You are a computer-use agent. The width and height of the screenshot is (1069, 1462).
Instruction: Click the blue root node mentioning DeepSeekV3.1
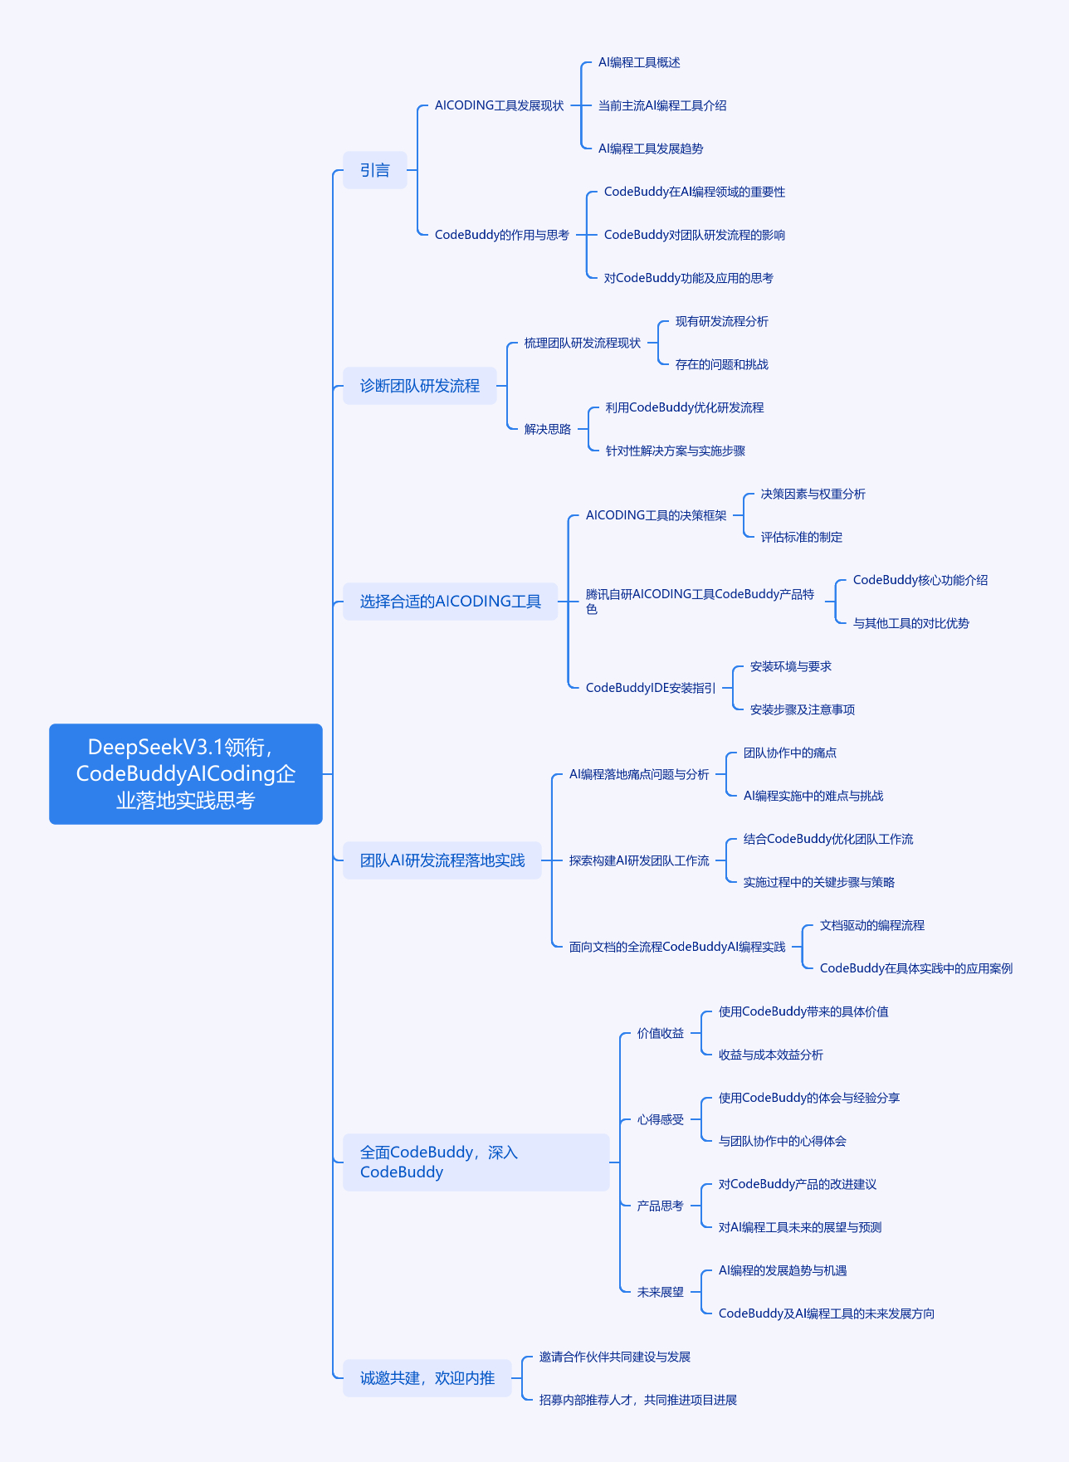(186, 774)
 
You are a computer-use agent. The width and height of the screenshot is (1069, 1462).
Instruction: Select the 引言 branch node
(375, 170)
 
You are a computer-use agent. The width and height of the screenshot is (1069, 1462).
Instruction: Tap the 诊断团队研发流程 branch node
(420, 386)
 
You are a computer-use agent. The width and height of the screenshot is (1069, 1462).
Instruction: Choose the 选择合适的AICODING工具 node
(451, 602)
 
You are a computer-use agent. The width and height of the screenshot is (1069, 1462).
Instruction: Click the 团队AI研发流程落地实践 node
(442, 860)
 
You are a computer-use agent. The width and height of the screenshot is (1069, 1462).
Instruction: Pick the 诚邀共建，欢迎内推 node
(427, 1378)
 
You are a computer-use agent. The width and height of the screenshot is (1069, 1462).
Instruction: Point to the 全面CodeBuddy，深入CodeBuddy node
(476, 1162)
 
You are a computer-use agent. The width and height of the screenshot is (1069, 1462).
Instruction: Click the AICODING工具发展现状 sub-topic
(500, 105)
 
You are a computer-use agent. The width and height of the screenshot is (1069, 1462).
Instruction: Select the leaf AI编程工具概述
(639, 62)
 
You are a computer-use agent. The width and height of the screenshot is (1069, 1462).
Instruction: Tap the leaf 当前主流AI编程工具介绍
(662, 105)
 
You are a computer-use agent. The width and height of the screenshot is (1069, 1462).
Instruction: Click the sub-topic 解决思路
(548, 429)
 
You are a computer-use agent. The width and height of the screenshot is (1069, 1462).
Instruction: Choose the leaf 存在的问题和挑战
(722, 364)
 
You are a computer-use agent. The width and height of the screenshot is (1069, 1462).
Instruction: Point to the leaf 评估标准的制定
(802, 537)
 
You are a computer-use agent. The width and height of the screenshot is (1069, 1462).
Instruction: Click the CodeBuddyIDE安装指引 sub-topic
(651, 688)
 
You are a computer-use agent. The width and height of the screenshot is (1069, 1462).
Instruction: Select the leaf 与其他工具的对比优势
(911, 623)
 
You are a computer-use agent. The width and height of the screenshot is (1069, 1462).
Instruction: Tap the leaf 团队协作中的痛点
(790, 753)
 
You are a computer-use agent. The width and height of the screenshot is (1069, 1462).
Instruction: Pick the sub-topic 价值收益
(661, 1033)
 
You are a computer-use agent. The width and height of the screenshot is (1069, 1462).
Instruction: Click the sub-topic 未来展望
(661, 1292)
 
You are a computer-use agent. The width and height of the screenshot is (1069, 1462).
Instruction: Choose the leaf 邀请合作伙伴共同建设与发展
(615, 1357)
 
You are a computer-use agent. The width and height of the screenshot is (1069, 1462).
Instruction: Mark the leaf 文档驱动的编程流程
(872, 925)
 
